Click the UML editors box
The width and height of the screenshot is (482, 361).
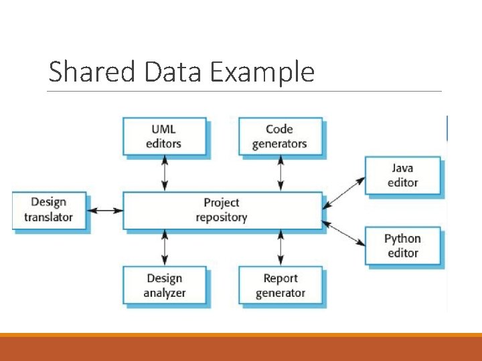[x=163, y=136]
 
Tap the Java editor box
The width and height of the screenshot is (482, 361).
[x=402, y=175]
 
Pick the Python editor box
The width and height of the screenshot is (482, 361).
[x=402, y=245]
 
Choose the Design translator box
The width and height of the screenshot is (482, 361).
[x=49, y=210]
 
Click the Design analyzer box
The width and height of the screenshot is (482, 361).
[x=164, y=285]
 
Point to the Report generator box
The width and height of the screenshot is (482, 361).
[x=280, y=285]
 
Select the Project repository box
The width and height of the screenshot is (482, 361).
[x=221, y=210]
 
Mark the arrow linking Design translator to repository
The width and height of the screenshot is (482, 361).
[x=106, y=211]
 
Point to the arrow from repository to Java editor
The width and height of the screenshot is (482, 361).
[x=343, y=191]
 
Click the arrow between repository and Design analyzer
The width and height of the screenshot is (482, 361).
[x=164, y=248]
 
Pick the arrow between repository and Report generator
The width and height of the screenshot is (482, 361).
[x=280, y=248]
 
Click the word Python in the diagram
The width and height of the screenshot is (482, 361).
[x=402, y=239]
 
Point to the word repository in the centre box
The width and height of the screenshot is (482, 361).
[x=221, y=217]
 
